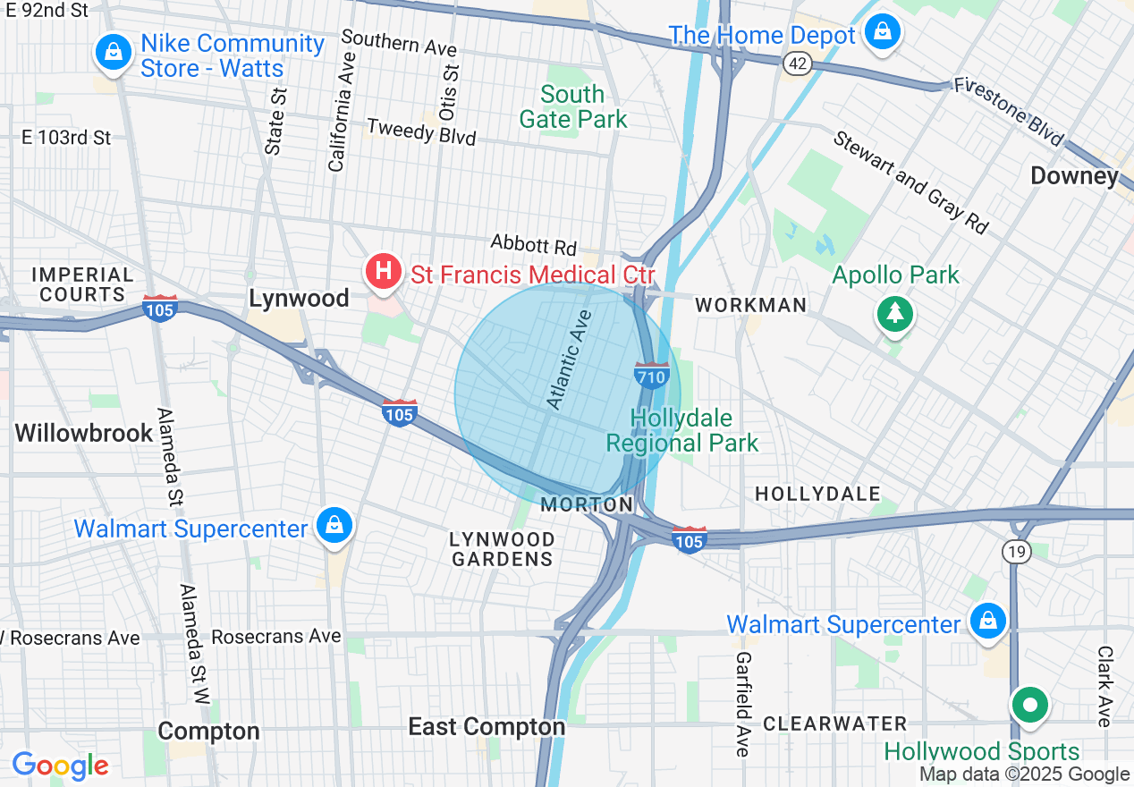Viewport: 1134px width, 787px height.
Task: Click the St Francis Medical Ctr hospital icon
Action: click(x=384, y=270)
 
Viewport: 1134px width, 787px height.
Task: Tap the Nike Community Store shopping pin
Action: click(x=114, y=51)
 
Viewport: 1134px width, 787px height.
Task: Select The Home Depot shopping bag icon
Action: click(x=883, y=32)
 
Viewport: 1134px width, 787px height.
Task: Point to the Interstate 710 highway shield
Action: click(x=651, y=376)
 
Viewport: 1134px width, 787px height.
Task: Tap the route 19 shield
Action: click(x=1016, y=552)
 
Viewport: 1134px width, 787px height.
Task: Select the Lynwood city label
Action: click(x=299, y=299)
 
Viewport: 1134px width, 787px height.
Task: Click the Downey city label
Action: click(x=1073, y=175)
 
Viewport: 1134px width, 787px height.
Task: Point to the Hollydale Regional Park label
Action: click(x=681, y=430)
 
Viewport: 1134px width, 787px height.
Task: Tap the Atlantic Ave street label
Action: click(x=570, y=360)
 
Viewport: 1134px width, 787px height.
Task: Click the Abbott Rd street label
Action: click(x=533, y=243)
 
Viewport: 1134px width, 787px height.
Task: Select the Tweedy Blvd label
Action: click(x=421, y=131)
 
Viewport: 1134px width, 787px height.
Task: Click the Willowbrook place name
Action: click(x=84, y=434)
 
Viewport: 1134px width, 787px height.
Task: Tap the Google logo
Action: click(x=60, y=766)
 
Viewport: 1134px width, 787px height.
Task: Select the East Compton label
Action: click(x=487, y=727)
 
